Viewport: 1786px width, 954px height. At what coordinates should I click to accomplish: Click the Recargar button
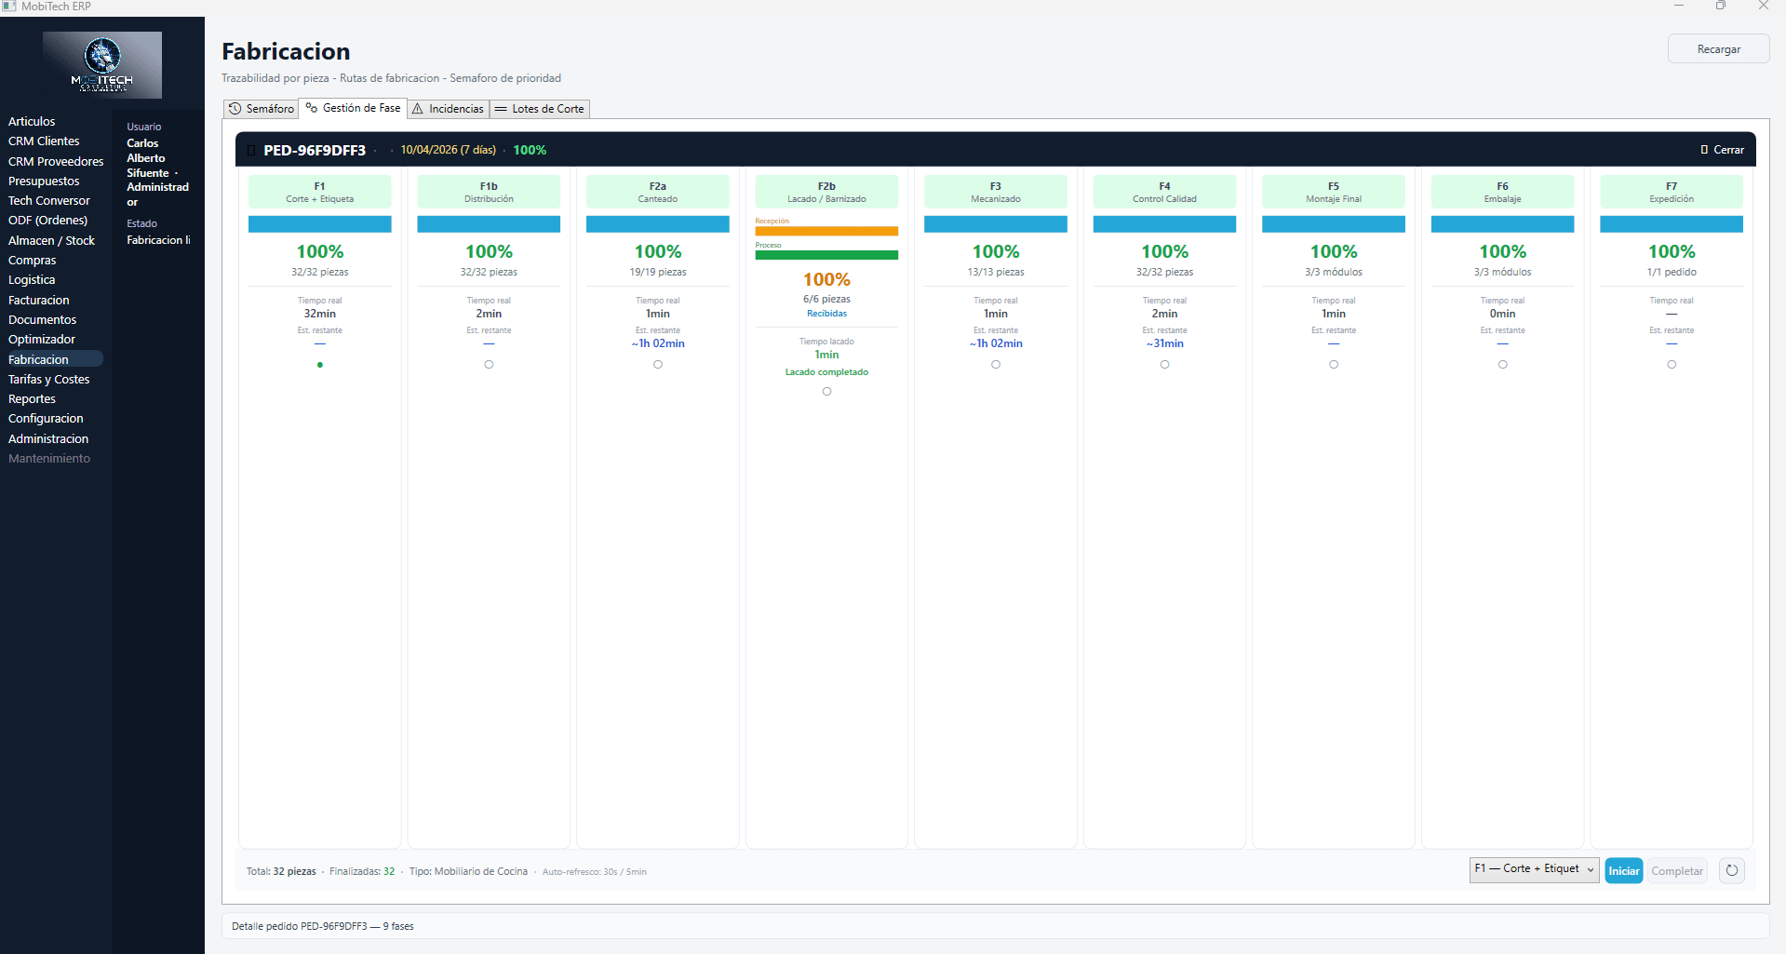(x=1718, y=49)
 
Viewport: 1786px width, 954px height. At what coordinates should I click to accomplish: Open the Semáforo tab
(x=262, y=109)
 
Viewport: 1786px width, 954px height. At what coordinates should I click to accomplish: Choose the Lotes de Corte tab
(x=540, y=109)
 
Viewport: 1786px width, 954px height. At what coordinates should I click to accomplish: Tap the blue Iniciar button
(x=1623, y=871)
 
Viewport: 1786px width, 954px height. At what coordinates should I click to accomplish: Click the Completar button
(x=1676, y=871)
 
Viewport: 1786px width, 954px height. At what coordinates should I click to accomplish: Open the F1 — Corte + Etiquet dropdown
(x=1534, y=869)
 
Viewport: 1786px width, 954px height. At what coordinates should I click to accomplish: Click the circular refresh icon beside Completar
(x=1731, y=871)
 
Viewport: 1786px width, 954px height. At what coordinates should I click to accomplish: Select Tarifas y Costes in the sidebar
(x=49, y=380)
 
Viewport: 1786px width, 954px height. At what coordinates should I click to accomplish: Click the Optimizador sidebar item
(x=42, y=340)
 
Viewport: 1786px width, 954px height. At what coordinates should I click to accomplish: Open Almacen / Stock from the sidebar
(x=51, y=241)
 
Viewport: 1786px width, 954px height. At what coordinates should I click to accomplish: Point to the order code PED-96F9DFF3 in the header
(x=315, y=150)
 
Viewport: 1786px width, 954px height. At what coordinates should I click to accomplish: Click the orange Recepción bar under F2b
(x=826, y=231)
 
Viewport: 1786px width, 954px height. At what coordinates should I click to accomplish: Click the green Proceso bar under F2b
(x=826, y=255)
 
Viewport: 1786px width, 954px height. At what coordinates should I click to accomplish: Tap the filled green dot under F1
(x=320, y=365)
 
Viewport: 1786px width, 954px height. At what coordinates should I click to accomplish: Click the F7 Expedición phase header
(x=1671, y=193)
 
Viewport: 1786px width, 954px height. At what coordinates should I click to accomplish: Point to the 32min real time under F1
(x=320, y=314)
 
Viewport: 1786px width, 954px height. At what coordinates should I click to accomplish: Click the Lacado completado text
(x=826, y=372)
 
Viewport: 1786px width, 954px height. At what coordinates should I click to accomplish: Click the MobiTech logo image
(x=102, y=65)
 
